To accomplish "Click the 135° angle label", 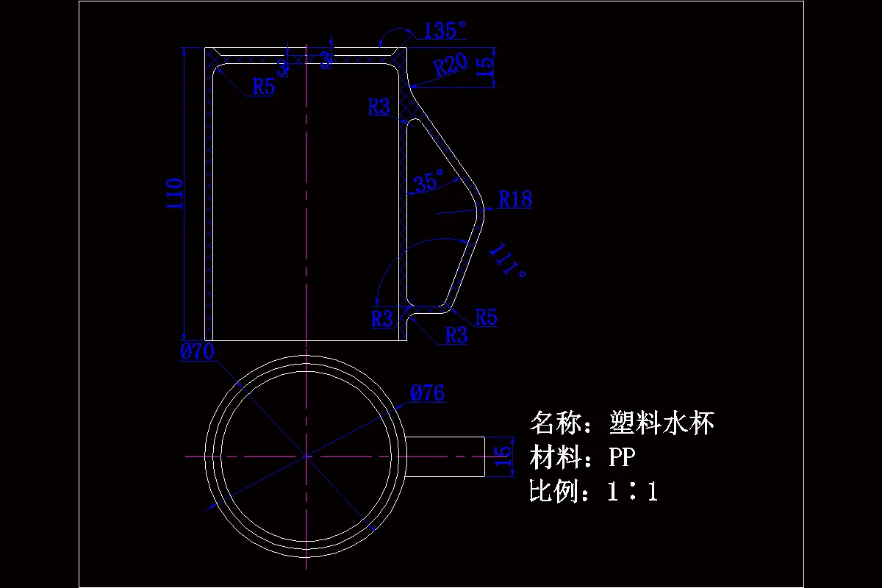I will (x=445, y=30).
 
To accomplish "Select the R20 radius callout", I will (x=450, y=65).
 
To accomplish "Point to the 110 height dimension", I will (x=174, y=193).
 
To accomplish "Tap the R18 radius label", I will (x=515, y=199).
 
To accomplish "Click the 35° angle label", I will (x=429, y=181).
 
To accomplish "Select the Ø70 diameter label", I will (x=196, y=352).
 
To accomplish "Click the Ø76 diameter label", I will (x=427, y=393).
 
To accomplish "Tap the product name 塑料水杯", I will (x=661, y=423).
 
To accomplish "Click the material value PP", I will (x=622, y=457).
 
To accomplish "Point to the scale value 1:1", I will (x=632, y=492).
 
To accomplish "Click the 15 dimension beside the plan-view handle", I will (x=503, y=456).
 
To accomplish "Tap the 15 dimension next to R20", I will (x=486, y=67).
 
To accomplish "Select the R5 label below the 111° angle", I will (x=486, y=318).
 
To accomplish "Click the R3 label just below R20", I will (x=379, y=107).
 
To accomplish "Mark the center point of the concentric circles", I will (x=305, y=456).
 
